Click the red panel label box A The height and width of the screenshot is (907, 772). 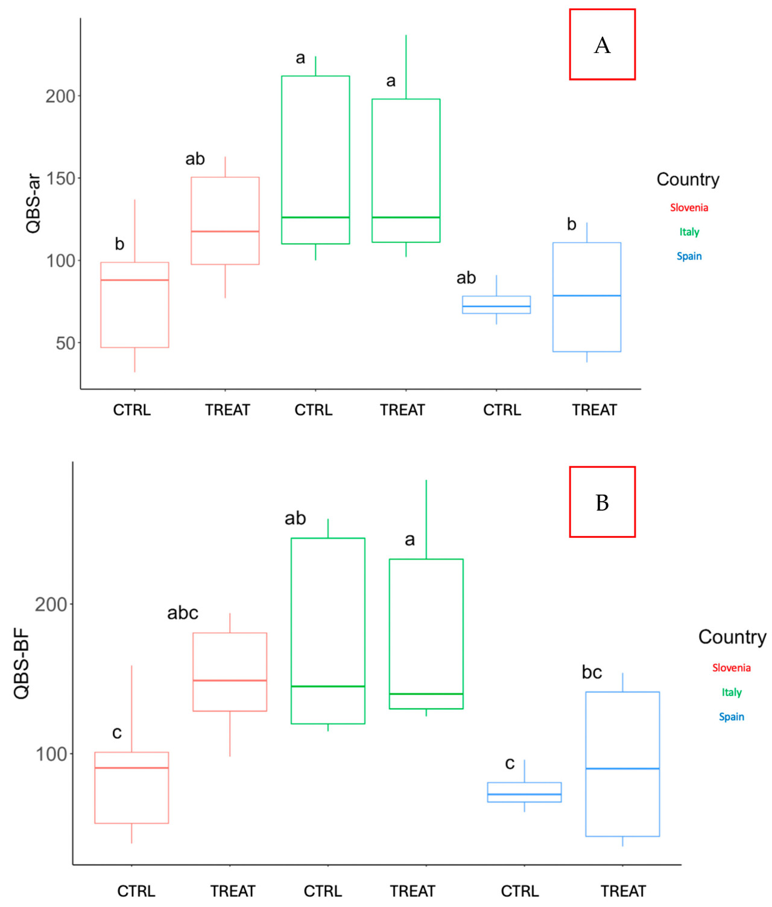pyautogui.click(x=602, y=45)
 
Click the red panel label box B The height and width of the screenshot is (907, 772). pyautogui.click(x=602, y=502)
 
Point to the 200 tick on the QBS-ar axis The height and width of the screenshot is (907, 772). pyautogui.click(x=60, y=96)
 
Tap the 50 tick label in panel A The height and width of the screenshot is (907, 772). pyautogui.click(x=65, y=343)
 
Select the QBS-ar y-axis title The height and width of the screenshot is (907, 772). pyautogui.click(x=33, y=203)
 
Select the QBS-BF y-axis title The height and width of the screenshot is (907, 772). pyautogui.click(x=22, y=663)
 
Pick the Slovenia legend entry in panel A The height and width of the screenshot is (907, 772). pyautogui.click(x=689, y=207)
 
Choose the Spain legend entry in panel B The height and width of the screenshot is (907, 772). pyautogui.click(x=731, y=716)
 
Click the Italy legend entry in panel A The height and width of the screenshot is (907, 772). pyautogui.click(x=689, y=232)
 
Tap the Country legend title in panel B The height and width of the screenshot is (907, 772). pyautogui.click(x=732, y=637)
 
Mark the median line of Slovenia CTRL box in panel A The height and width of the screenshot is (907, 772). pyautogui.click(x=134, y=280)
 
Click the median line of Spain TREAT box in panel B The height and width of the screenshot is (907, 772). pyautogui.click(x=622, y=768)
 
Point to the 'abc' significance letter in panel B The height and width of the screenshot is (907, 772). pyautogui.click(x=183, y=613)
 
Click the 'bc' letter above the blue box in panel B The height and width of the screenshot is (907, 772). pyautogui.click(x=592, y=672)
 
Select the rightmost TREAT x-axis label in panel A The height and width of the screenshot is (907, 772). pyautogui.click(x=594, y=410)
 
